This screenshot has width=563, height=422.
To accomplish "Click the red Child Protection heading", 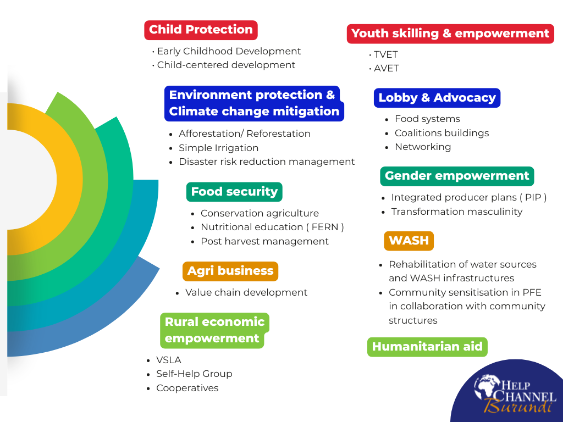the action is tap(201, 30).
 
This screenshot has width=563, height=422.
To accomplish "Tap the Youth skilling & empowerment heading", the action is tap(450, 34).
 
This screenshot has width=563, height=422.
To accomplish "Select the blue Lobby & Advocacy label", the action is tap(437, 98).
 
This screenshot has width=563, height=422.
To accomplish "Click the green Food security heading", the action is tap(234, 192).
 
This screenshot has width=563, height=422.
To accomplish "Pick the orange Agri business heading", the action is tap(230, 271).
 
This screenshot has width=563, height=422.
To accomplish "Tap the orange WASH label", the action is tap(409, 241).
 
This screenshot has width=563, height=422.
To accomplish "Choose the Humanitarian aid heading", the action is tap(427, 347).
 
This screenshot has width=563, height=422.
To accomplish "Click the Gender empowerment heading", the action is tap(457, 176).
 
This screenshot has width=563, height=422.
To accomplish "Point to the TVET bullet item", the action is tap(385, 54).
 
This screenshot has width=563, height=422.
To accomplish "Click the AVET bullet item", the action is tap(387, 68).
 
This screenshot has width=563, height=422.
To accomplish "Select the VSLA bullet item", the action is tap(169, 360).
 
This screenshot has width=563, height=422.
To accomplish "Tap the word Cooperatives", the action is tap(187, 388).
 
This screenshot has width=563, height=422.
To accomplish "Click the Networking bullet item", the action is tap(423, 147).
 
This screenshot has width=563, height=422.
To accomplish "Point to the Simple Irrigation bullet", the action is tap(219, 148).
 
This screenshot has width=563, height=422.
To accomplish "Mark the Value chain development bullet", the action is tap(246, 292).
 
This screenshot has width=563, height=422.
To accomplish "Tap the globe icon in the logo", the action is tap(487, 387).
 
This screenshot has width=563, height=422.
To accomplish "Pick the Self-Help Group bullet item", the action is tap(194, 374).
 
